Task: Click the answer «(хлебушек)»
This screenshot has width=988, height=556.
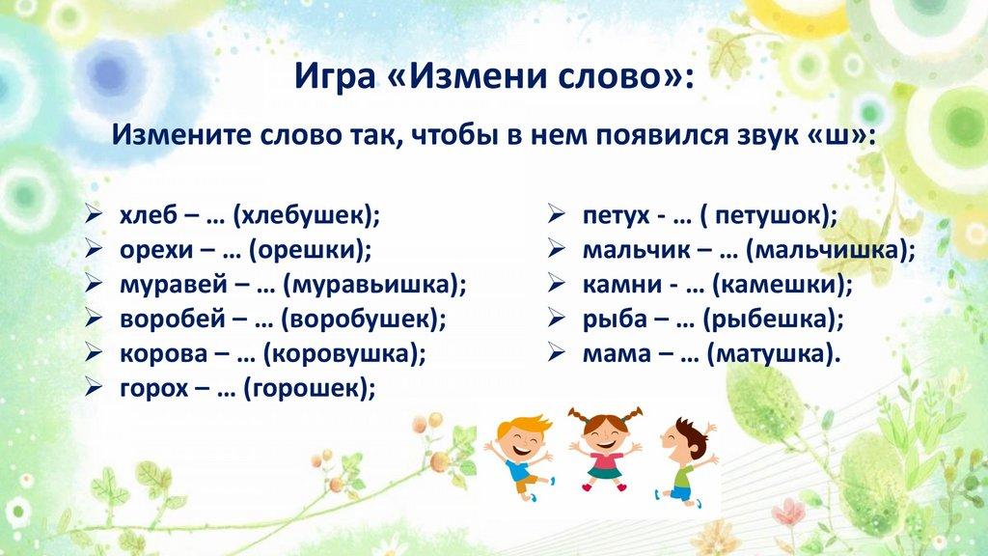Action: coord(307,215)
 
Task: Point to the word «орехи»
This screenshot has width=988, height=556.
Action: coord(157,250)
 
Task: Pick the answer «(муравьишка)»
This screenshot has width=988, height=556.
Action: coord(375,285)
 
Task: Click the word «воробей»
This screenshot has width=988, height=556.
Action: coord(173,319)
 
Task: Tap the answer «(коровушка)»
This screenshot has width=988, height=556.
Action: coord(344,353)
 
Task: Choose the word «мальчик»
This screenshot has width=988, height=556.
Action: coord(637,250)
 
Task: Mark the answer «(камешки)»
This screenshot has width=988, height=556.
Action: coord(782,285)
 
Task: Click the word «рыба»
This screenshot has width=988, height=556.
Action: coord(615,319)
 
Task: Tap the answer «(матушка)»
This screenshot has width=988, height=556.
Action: coord(774,353)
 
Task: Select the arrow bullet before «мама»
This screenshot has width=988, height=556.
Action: coord(557,351)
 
